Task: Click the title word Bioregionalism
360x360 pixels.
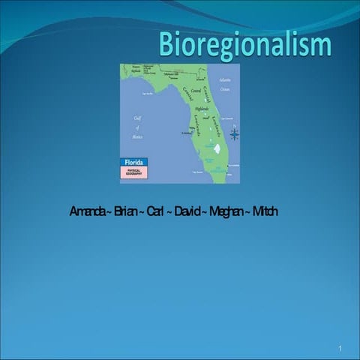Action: pyautogui.click(x=244, y=44)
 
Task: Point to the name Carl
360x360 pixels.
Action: pyautogui.click(x=155, y=211)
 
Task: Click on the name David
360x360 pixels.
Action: pyautogui.click(x=185, y=211)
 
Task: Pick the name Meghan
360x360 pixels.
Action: pyautogui.click(x=226, y=211)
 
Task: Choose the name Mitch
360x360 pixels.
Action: pyautogui.click(x=265, y=211)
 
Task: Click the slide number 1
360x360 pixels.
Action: pyautogui.click(x=340, y=349)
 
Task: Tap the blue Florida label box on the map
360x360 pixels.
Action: pyautogui.click(x=133, y=161)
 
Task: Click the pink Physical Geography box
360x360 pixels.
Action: pyautogui.click(x=133, y=172)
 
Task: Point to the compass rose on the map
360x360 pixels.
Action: pyautogui.click(x=234, y=133)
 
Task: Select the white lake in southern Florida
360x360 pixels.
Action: pyautogui.click(x=217, y=149)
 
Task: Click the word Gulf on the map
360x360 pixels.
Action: pyautogui.click(x=137, y=118)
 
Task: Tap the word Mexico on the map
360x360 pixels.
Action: pyautogui.click(x=136, y=137)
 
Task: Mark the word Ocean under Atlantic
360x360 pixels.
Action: pyautogui.click(x=225, y=88)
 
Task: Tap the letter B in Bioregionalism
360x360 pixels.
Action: pyautogui.click(x=166, y=44)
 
